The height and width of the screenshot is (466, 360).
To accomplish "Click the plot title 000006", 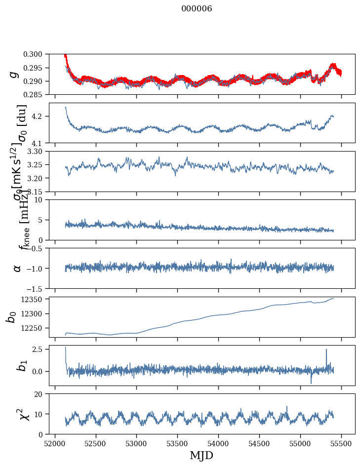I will click(x=197, y=9).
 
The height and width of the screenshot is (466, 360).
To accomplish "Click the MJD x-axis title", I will click(x=201, y=455).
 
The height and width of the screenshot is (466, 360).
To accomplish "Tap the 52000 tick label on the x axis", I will click(x=55, y=443).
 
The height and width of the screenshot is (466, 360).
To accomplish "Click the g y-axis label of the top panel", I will click(x=15, y=75).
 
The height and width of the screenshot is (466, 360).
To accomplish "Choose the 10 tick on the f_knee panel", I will click(x=42, y=199).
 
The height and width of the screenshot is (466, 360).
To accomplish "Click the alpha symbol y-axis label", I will click(x=17, y=268).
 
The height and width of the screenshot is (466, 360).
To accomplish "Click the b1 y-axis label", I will click(x=15, y=365).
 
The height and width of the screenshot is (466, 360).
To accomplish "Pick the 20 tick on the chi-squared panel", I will click(x=42, y=394).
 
